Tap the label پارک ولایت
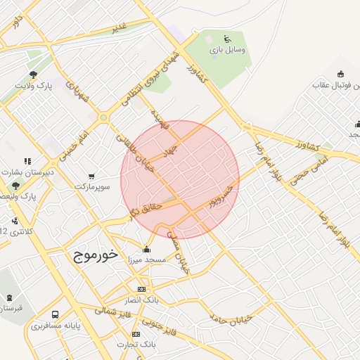34,86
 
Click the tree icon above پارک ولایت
32,74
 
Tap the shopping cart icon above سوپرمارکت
91,176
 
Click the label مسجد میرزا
146,259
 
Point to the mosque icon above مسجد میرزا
146,248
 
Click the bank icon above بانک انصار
141,289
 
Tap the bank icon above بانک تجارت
136,334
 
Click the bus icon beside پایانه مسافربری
56,315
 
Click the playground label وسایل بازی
226,51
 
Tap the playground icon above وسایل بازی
226,39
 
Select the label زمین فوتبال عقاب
336,86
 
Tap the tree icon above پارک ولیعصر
15,185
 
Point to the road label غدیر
119,28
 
